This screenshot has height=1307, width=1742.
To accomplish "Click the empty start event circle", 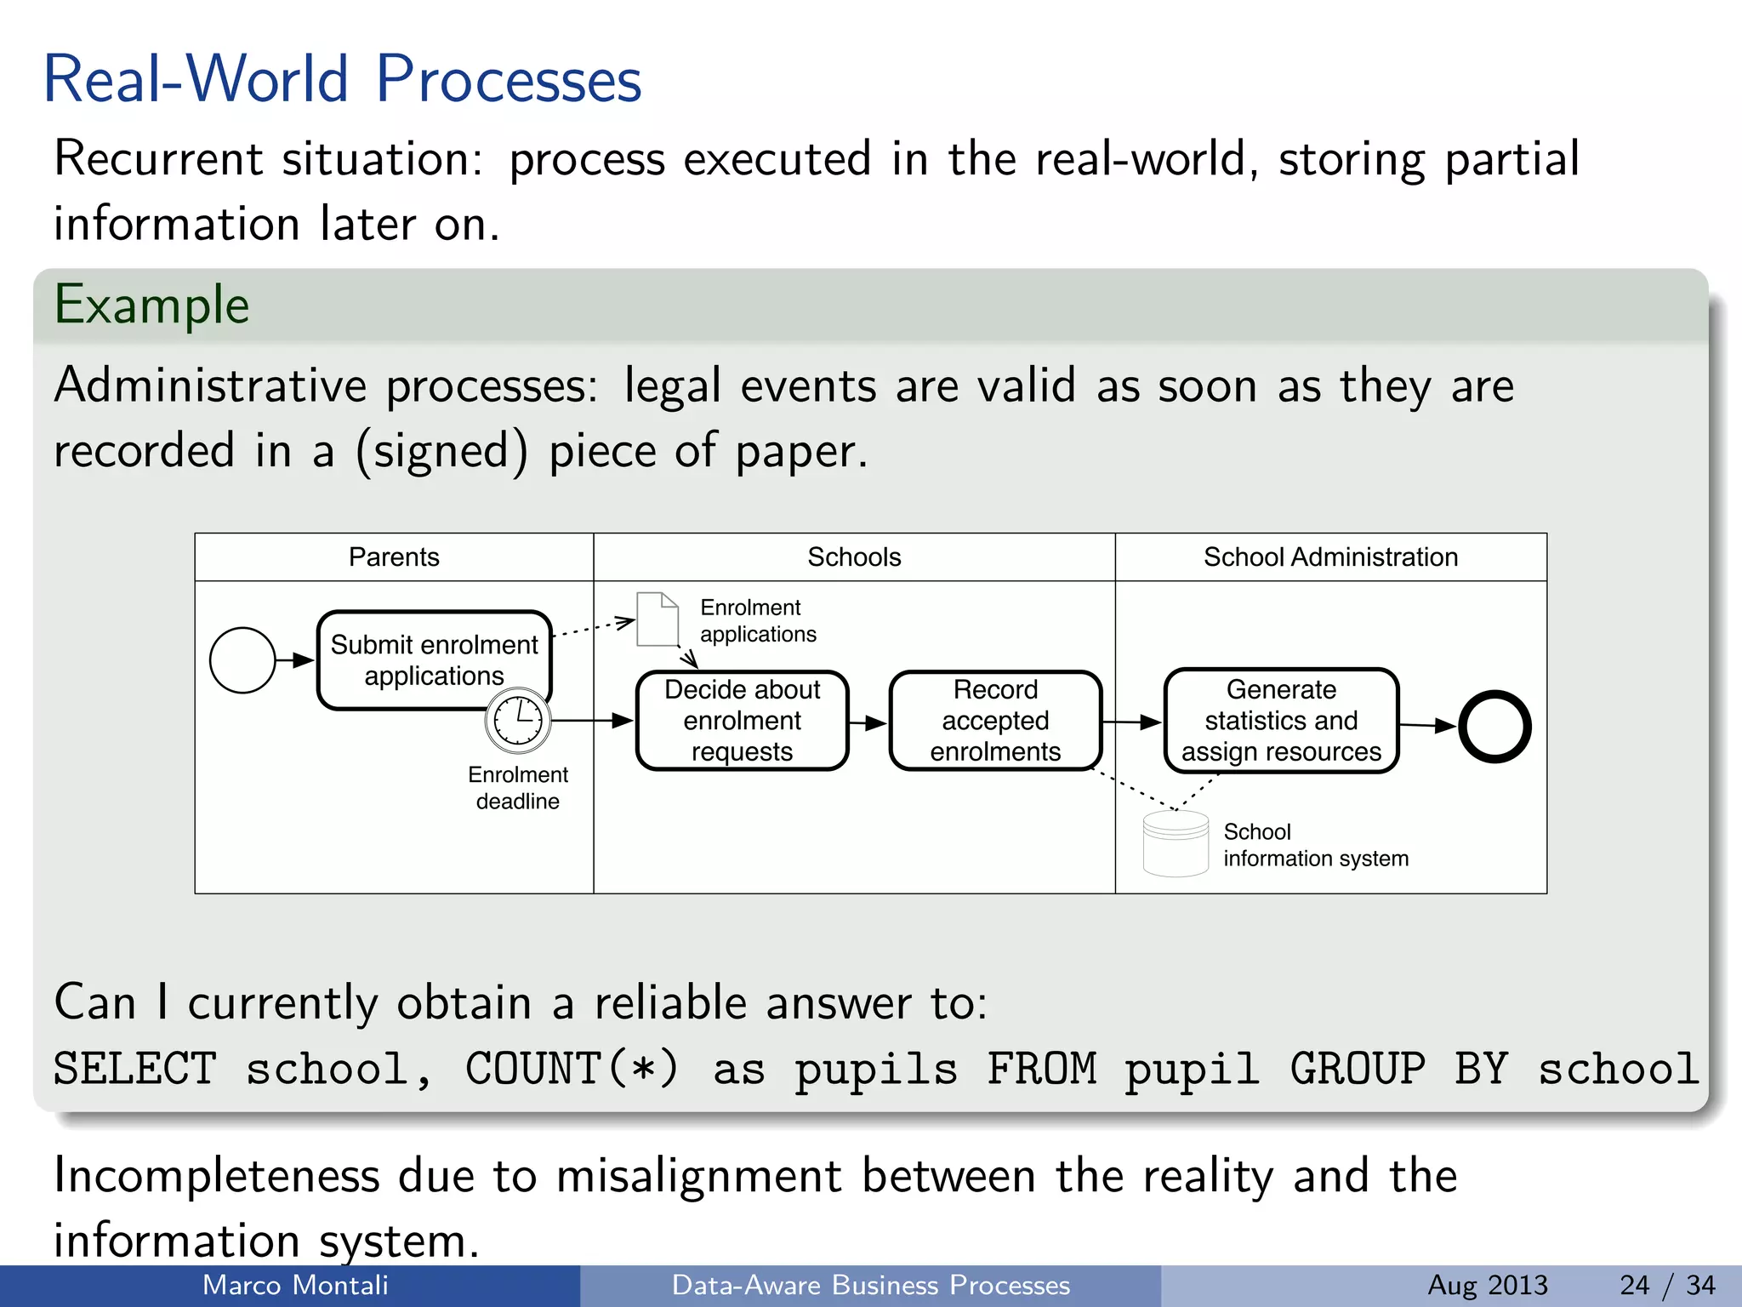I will (x=242, y=660).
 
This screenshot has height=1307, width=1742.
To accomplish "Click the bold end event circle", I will (x=1494, y=726).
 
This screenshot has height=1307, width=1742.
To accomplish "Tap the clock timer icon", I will (x=518, y=721).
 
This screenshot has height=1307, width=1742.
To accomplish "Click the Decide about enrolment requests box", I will (x=742, y=721).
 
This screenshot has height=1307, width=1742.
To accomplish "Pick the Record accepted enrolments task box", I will (x=995, y=721).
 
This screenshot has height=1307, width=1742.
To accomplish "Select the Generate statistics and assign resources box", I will (x=1281, y=721).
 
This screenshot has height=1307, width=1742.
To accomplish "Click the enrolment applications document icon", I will (x=658, y=619).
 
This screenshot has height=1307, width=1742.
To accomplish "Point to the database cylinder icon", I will (x=1176, y=843).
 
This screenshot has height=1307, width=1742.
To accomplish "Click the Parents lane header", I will (x=394, y=557).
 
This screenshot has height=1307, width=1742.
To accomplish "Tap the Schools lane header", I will (x=854, y=557).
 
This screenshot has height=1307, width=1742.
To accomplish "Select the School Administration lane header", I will (x=1330, y=557).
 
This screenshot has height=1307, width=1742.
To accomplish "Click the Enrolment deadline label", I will (x=517, y=788).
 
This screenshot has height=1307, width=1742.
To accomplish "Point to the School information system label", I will (x=1315, y=845).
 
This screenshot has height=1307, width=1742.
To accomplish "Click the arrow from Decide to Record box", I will (x=868, y=723).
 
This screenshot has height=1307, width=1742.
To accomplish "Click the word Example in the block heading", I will (x=151, y=305).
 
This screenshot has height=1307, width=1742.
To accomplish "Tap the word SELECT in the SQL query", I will (x=134, y=1069).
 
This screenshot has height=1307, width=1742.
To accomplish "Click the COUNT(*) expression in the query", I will (x=572, y=1069).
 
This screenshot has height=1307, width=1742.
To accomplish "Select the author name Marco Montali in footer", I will (x=295, y=1285).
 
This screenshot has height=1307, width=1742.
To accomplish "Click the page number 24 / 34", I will (x=1667, y=1285).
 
